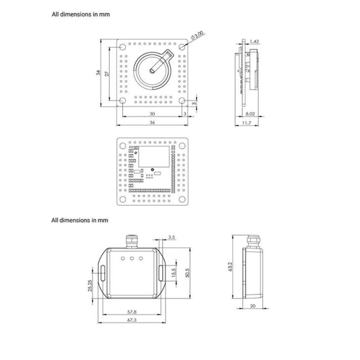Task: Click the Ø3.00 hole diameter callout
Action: [x=197, y=36]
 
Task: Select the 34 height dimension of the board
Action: [x=98, y=73]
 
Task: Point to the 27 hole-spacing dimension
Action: [x=107, y=74]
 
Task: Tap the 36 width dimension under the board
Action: [x=152, y=122]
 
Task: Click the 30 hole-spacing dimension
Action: [x=152, y=114]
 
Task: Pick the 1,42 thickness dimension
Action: [x=254, y=41]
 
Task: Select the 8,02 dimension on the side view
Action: [x=250, y=114]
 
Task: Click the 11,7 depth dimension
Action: [x=247, y=123]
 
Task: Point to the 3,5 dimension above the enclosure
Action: [x=171, y=237]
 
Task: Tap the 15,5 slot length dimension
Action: [x=174, y=273]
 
